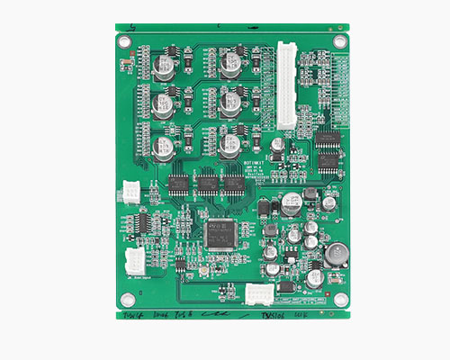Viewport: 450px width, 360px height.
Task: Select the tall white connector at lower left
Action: coord(134,261)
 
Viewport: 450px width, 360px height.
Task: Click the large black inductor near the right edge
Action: coord(336,254)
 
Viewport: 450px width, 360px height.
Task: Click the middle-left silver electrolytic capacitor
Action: coord(164,104)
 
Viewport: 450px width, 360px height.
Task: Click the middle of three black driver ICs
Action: coord(208,185)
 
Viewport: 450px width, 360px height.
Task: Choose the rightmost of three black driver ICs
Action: coord(234,185)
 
